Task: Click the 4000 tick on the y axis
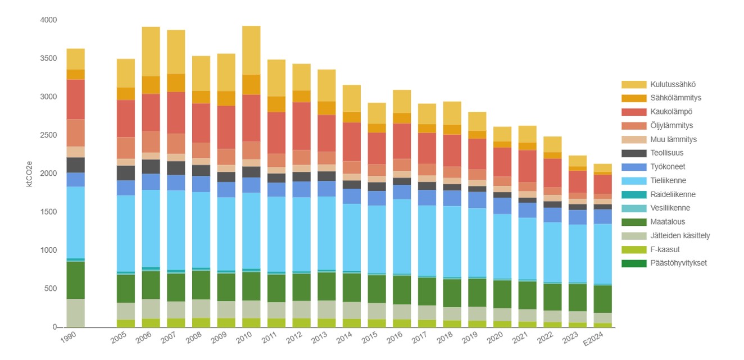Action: [49, 20]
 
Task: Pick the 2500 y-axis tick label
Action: [49, 135]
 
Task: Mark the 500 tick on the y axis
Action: [51, 289]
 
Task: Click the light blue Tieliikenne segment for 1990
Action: [75, 222]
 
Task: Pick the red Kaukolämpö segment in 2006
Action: [151, 112]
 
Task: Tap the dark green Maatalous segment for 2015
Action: [376, 289]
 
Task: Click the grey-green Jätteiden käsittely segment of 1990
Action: [75, 312]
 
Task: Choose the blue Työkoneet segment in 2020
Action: [502, 206]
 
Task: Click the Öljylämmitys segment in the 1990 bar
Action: [75, 133]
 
